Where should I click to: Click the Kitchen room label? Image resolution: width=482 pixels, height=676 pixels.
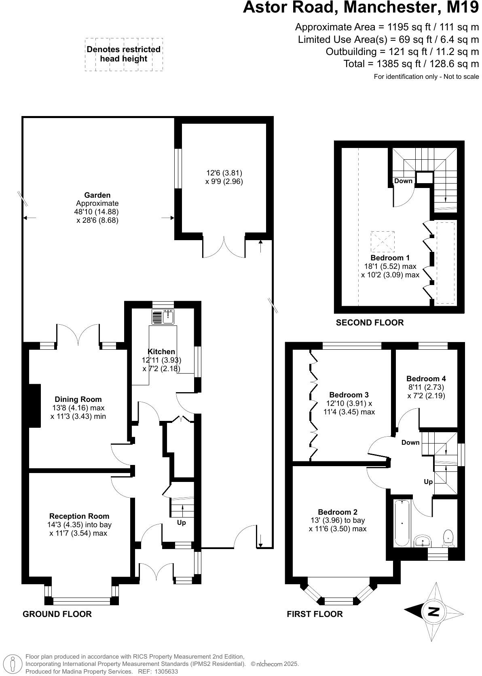[x=161, y=352]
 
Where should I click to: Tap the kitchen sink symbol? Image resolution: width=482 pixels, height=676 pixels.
[x=163, y=317]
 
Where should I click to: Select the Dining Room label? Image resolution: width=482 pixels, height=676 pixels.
[x=78, y=399]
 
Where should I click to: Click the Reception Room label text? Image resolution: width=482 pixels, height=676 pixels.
[x=79, y=516]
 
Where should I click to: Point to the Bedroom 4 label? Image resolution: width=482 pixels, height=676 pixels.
[x=426, y=379]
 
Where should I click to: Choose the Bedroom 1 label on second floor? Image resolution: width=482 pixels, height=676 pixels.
[x=387, y=258]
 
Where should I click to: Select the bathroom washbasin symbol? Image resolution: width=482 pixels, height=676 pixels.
[x=423, y=541]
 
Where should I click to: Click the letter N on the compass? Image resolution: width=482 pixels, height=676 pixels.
[x=434, y=611]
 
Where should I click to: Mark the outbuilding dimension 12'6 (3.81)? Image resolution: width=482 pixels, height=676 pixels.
[x=224, y=173]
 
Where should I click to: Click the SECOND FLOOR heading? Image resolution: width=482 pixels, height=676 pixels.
[x=370, y=323]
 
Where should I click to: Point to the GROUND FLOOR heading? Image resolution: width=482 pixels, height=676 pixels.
[x=57, y=614]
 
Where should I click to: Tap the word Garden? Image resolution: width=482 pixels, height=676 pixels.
[x=97, y=195]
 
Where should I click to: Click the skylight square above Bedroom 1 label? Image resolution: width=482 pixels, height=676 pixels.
[x=382, y=241]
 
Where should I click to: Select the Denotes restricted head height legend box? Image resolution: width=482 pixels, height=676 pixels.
[x=124, y=55]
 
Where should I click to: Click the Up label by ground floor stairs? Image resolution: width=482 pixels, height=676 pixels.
[x=182, y=523]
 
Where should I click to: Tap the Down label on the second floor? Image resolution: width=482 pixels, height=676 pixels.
[x=403, y=181]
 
